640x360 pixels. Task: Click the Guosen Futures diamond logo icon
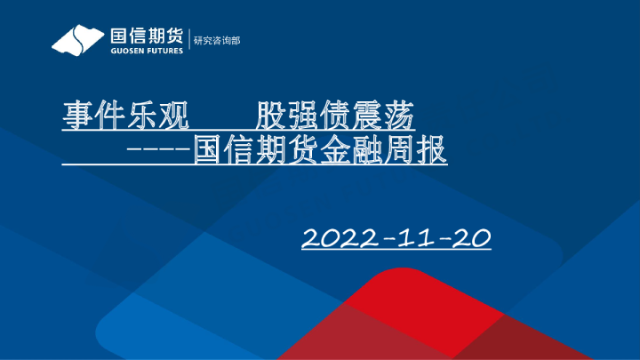tap(78, 40)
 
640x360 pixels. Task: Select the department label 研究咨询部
tap(217, 41)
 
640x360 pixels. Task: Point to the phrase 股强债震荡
tap(334, 116)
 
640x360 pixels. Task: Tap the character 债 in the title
tap(335, 116)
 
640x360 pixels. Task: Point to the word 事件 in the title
tap(89, 116)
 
